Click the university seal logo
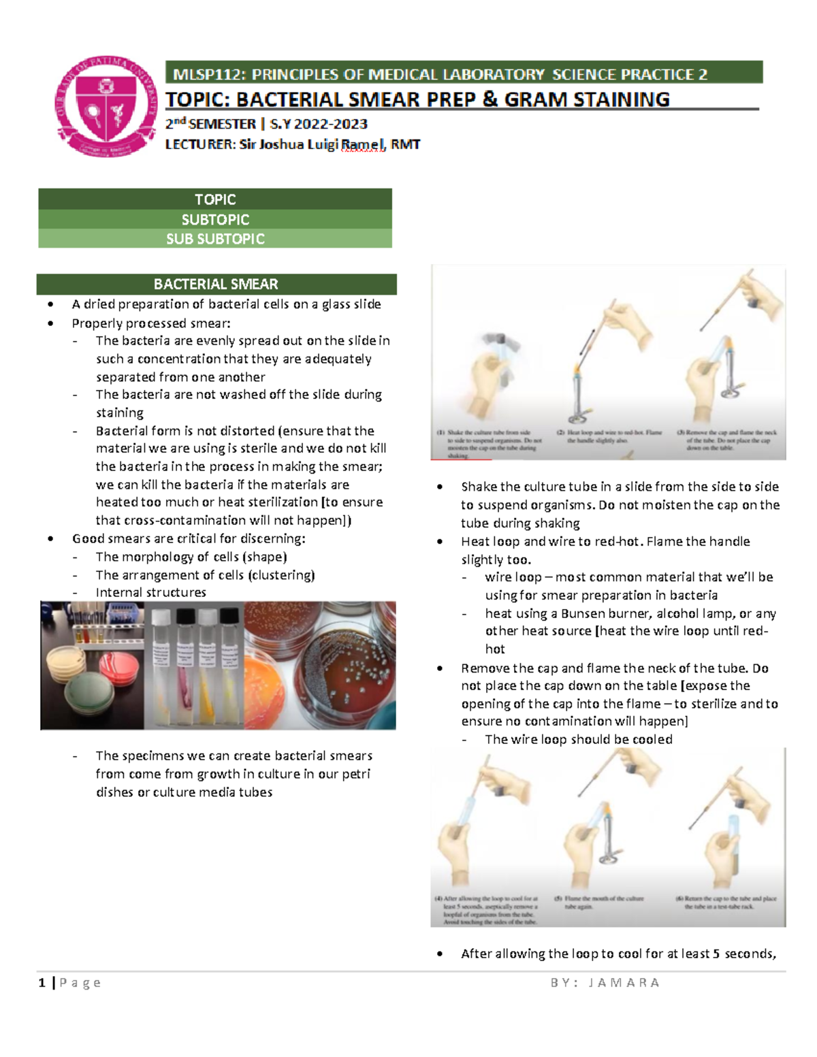click(x=106, y=107)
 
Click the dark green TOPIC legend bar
click(x=215, y=199)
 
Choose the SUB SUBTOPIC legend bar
click(x=215, y=239)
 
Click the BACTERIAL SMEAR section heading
click(x=216, y=284)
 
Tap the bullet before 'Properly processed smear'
click(x=51, y=324)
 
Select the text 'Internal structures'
click(x=150, y=593)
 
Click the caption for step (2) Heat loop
click(x=609, y=436)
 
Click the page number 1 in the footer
click(x=42, y=982)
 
